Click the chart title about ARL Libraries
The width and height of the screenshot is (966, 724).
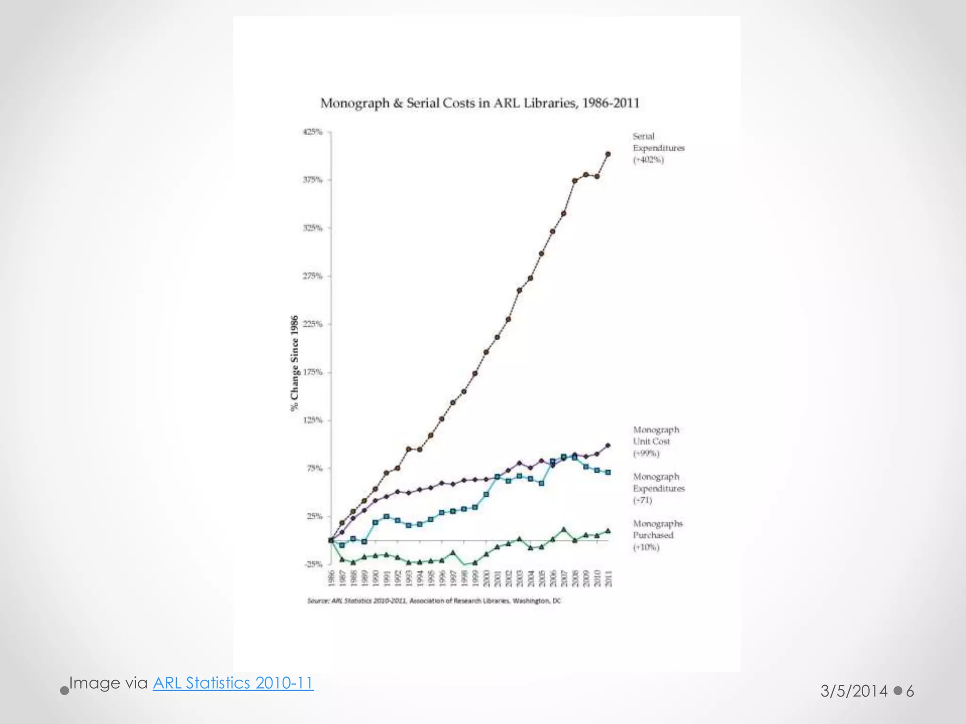480,103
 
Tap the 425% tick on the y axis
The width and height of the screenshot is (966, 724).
312,132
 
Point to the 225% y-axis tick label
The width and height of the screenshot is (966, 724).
312,324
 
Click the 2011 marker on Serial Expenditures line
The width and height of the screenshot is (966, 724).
608,154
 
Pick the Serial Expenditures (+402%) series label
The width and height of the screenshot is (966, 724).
658,148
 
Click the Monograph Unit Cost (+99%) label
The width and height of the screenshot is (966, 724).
656,442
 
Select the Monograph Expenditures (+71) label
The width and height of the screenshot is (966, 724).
658,488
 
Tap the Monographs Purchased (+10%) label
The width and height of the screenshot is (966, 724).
658,535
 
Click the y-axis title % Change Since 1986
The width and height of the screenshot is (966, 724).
295,363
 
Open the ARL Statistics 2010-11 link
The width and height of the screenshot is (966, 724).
233,683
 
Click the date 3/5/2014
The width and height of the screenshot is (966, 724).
854,691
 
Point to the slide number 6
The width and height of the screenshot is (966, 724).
910,691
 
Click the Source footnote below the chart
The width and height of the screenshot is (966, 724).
434,601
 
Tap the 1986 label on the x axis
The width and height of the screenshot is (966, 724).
331,579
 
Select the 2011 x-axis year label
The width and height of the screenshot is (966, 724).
608,579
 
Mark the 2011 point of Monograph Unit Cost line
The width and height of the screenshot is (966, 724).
608,445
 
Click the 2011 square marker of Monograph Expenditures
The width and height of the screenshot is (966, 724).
608,472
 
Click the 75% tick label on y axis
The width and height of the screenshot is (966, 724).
314,469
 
